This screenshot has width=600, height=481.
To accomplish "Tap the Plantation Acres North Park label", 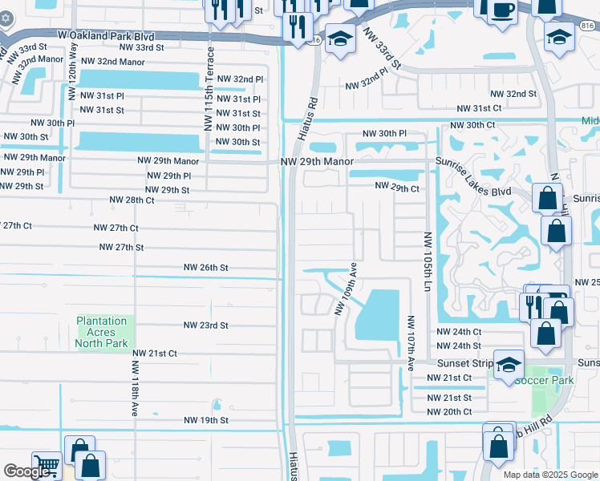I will [102, 332].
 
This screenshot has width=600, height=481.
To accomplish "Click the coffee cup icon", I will [502, 10].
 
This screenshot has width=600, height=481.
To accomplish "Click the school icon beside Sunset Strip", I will [509, 365].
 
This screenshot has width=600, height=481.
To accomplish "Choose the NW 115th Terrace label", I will [210, 89].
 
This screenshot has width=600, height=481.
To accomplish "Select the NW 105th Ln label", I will [427, 262].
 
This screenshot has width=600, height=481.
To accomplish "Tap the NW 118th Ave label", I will [134, 388].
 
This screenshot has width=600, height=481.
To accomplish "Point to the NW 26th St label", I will [206, 267].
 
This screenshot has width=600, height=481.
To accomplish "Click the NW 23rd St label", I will [206, 325].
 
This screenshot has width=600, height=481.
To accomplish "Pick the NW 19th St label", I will [206, 420].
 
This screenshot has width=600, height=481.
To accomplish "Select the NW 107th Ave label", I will [410, 343].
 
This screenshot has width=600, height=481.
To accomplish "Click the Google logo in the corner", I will [27, 471].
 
